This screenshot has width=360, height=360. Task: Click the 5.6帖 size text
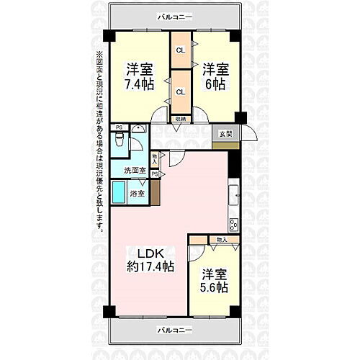click(x=214, y=287)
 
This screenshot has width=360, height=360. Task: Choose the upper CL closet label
click(x=181, y=50)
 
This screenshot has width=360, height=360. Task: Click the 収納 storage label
click(x=180, y=119)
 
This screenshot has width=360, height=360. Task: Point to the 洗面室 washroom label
click(x=135, y=171)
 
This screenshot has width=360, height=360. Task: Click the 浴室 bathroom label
click(x=137, y=193)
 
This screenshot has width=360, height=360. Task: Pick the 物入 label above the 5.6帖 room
click(x=222, y=239)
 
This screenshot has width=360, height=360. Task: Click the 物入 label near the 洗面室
click(x=156, y=157)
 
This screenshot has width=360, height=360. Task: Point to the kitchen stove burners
click(x=233, y=224)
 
